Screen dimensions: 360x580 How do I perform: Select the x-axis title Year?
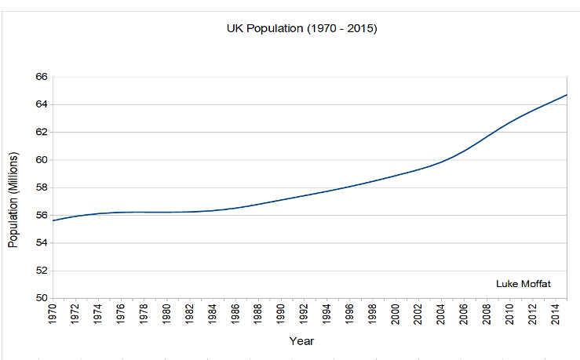coord(301,341)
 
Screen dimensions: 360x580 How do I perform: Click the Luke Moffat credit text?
coord(523,283)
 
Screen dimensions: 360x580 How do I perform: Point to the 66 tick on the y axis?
coord(41,77)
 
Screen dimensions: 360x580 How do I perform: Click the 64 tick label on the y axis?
coord(41,104)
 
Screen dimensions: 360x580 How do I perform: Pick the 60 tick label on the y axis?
coord(41,160)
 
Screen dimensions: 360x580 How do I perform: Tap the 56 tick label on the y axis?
coord(41,215)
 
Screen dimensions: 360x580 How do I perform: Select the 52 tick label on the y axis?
coord(41,271)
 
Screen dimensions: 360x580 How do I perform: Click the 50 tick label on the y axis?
coord(41,298)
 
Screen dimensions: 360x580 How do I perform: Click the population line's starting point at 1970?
coord(54,220)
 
